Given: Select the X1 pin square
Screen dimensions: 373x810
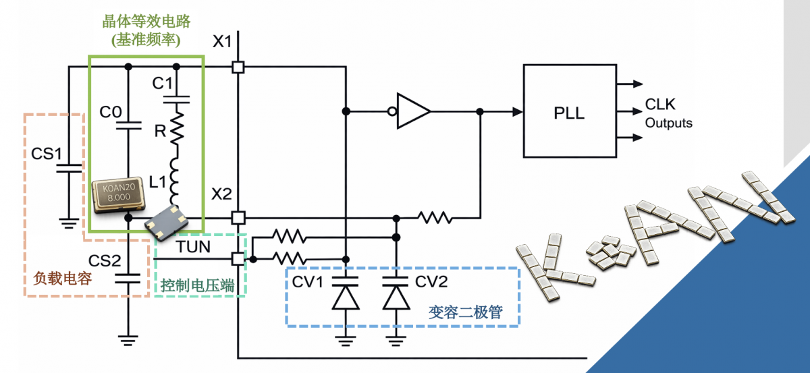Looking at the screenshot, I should click(x=238, y=67).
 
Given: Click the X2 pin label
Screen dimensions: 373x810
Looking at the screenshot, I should click(x=221, y=194).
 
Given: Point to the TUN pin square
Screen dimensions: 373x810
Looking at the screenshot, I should click(x=238, y=258).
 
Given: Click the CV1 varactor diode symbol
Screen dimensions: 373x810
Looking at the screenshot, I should click(x=345, y=297).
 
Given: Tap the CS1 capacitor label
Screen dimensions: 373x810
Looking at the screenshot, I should click(x=47, y=153).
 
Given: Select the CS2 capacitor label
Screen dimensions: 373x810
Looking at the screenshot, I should click(x=105, y=260).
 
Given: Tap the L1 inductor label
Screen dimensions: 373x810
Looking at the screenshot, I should click(x=157, y=180).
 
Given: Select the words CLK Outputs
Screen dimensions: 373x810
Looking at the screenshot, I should click(x=668, y=113).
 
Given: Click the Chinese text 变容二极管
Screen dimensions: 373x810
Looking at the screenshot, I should click(x=465, y=313).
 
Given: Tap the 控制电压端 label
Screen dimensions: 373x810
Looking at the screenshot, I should click(x=197, y=285).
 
